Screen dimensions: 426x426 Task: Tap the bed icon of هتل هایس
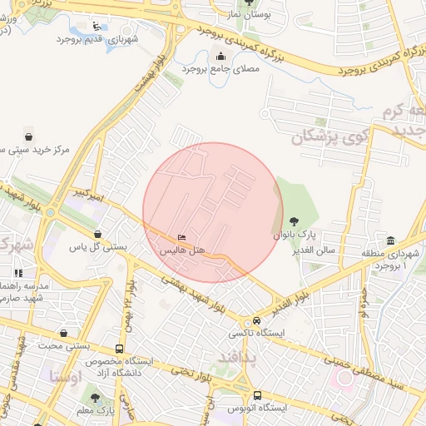[182, 239]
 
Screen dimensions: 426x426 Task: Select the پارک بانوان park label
[290, 236]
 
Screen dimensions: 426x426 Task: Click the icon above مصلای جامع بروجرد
[220, 57]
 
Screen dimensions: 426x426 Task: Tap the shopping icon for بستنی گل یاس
[99, 235]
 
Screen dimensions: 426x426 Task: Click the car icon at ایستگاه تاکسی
[256, 320]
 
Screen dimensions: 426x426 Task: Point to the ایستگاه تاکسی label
[256, 333]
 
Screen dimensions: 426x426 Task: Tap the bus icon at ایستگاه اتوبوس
[256, 395]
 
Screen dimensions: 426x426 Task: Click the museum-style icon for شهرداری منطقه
[390, 240]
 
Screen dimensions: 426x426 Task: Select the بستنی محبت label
[66, 345]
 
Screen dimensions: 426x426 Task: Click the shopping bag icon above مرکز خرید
[29, 137]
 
